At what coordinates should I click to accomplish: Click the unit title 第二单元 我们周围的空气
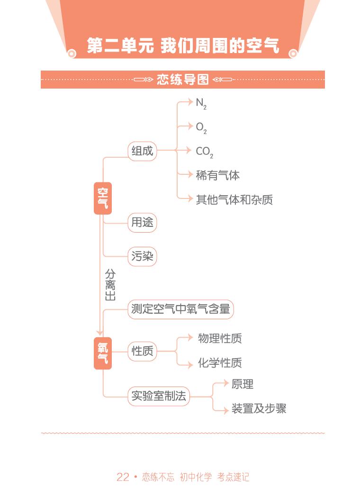coord(183,45)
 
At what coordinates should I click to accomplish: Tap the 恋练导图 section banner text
coord(183,80)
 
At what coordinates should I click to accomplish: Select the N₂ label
coord(201,103)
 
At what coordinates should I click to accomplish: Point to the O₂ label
coord(201,127)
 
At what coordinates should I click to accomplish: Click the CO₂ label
coord(204,152)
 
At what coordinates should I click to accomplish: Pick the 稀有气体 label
coord(217,175)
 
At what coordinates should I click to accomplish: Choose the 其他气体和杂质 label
coord(234,199)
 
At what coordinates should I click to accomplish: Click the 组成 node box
coord(142,152)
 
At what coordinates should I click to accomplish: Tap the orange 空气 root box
coord(103,198)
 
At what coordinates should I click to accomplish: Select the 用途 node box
coord(142,222)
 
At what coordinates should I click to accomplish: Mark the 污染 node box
coord(142,256)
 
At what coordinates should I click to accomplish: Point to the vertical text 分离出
coord(110,285)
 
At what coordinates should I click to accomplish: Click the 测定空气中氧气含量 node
coord(180,309)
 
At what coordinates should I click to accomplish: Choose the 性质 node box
coord(142,351)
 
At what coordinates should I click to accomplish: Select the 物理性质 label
coord(220,338)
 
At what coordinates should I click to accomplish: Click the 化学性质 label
coord(220,363)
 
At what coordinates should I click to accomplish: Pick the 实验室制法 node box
coord(159,396)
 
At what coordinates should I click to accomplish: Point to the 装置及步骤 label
coord(259,408)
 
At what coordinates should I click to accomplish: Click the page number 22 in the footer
coord(123,477)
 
